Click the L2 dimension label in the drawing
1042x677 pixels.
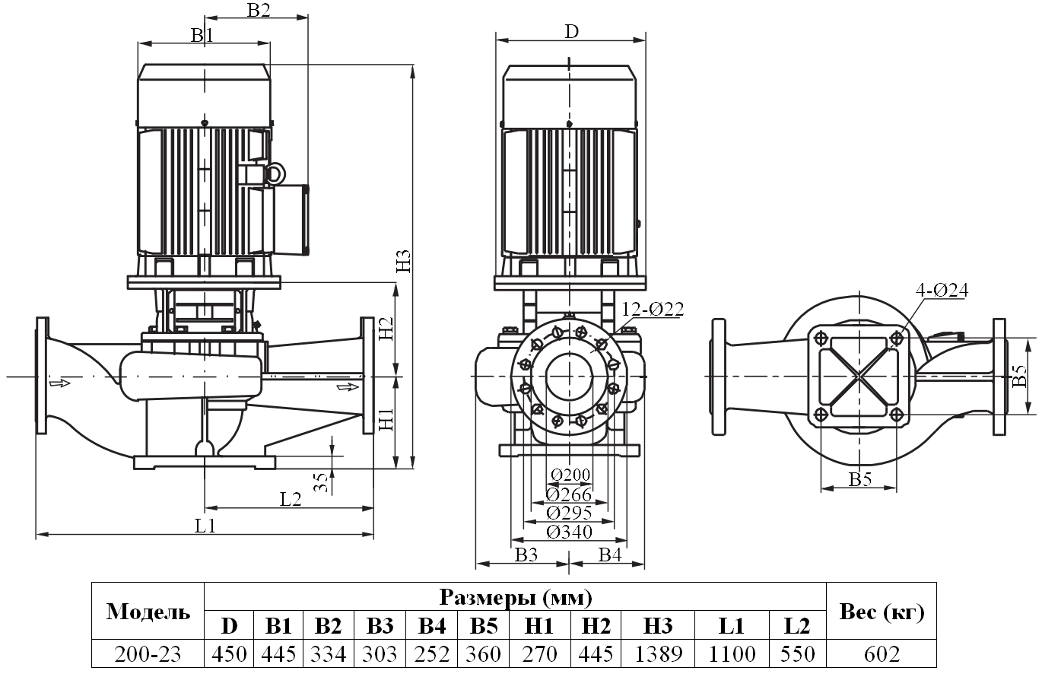[291, 499]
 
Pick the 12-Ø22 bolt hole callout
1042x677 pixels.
[653, 309]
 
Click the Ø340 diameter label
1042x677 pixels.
[569, 532]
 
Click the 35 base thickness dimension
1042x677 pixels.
[322, 482]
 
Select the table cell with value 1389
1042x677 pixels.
[658, 653]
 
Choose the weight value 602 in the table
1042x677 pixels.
[881, 653]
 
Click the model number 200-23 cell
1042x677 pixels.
[148, 653]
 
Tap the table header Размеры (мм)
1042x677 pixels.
[515, 597]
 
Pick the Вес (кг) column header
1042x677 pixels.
[881, 612]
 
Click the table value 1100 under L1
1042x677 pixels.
[732, 653]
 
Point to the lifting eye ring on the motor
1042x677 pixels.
[274, 173]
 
